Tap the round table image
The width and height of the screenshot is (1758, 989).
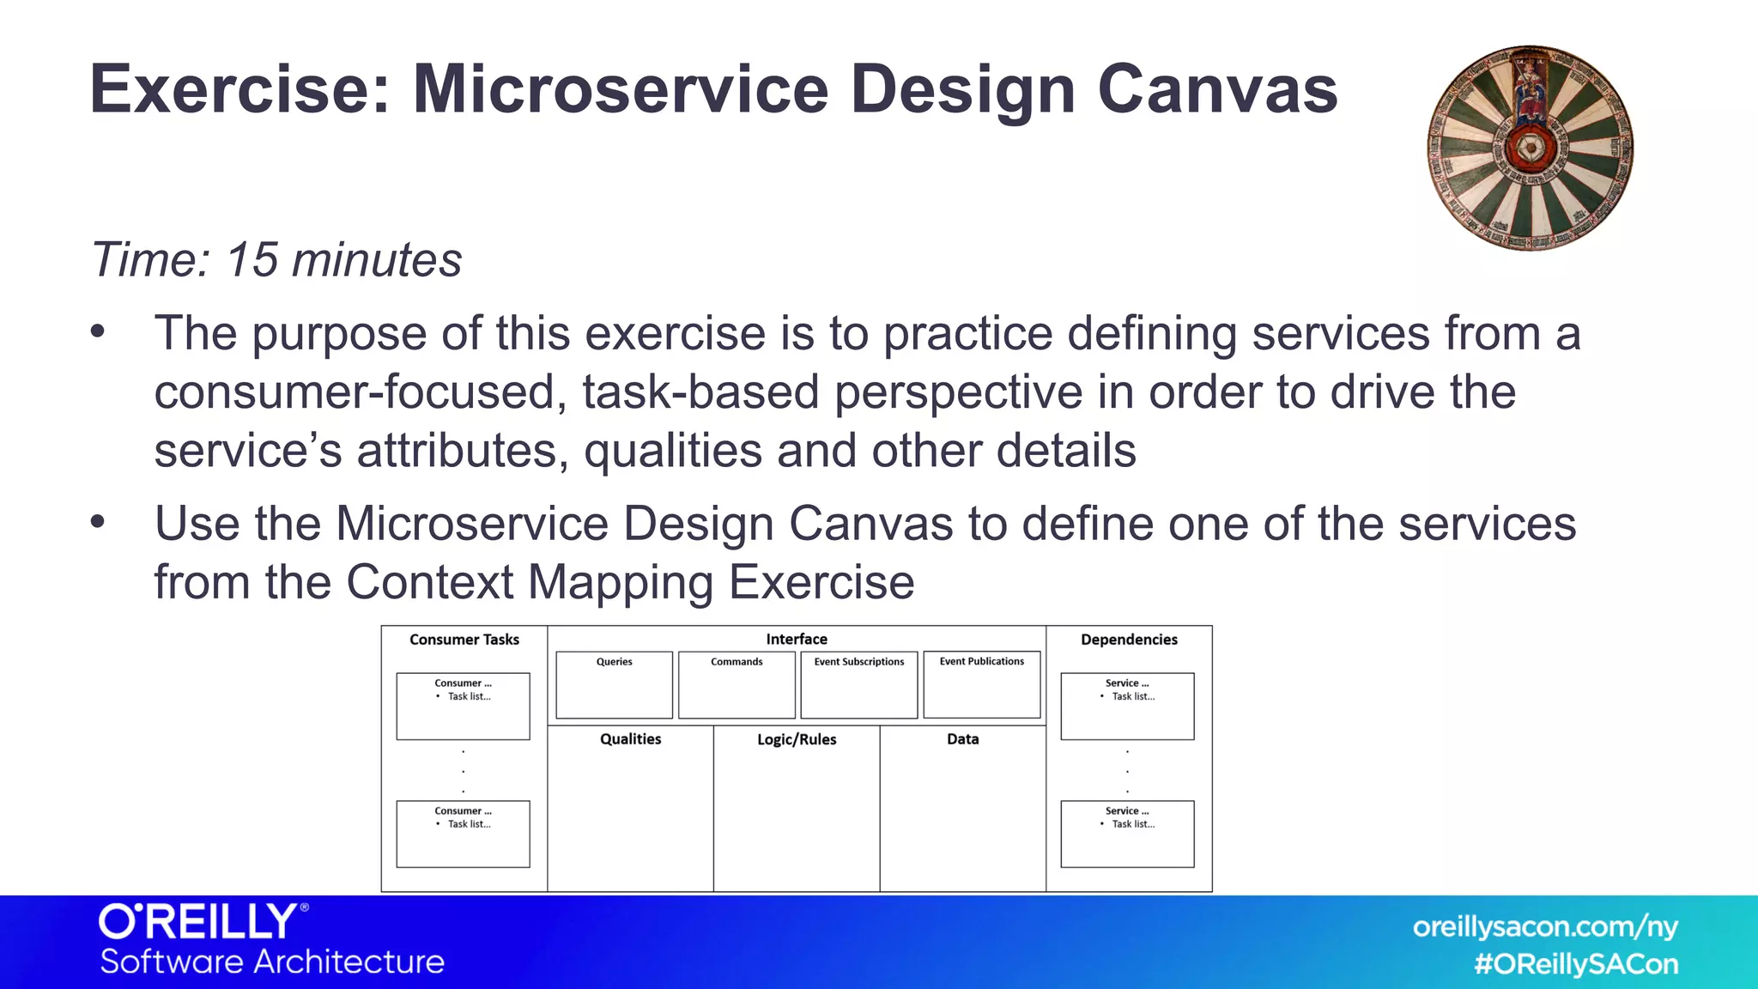point(1530,148)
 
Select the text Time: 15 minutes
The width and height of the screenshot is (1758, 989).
point(276,259)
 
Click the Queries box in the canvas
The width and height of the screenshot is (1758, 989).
point(614,685)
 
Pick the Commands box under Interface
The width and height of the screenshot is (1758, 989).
point(737,685)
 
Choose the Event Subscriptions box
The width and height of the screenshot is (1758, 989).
point(858,685)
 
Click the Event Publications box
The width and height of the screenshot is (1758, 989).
point(981,685)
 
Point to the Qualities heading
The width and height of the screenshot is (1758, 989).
point(630,739)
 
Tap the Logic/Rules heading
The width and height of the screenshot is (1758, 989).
point(797,739)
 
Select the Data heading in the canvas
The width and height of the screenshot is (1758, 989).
point(962,739)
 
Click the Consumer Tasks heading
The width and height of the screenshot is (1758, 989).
point(464,640)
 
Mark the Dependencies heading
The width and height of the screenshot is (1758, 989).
point(1129,640)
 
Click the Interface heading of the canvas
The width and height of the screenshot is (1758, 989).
point(797,640)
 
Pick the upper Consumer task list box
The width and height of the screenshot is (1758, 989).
point(463,706)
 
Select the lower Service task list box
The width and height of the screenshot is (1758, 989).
point(1127,834)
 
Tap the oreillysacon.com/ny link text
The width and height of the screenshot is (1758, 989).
point(1545,927)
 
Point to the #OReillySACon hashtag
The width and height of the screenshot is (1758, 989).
point(1576,964)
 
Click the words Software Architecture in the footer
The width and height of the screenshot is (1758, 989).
point(272,962)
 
